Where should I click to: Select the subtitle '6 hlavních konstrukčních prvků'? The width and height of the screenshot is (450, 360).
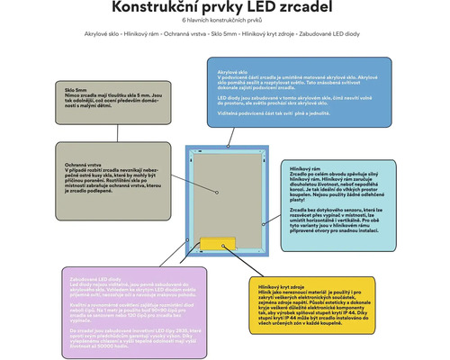[225, 21]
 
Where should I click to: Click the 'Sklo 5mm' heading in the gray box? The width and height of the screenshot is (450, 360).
[76, 92]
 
